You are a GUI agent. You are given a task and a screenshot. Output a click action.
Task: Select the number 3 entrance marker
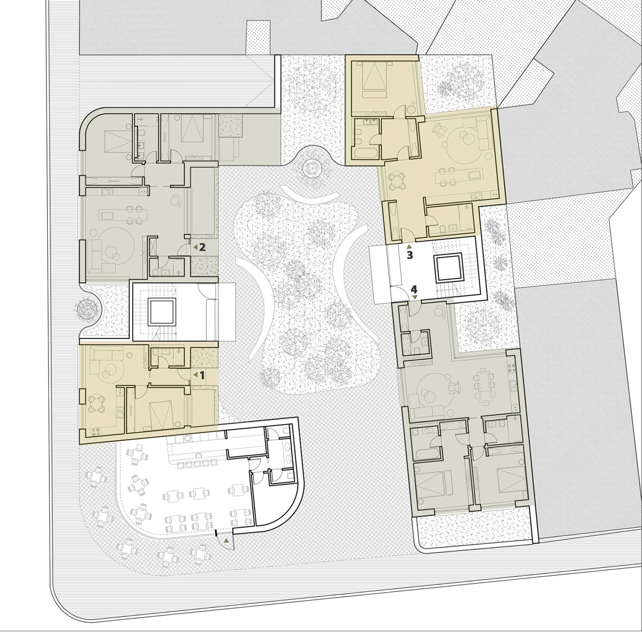click(410, 255)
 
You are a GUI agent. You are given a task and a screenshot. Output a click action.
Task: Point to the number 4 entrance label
click(415, 289)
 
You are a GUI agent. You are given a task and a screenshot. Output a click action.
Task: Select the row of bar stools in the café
click(196, 464)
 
